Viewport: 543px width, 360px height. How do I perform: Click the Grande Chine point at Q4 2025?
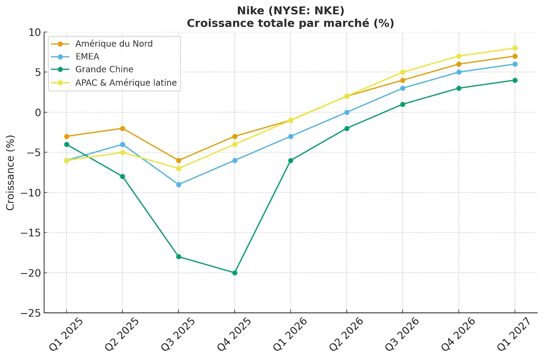[234, 273]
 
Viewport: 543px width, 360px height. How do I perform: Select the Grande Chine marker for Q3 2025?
[178, 257]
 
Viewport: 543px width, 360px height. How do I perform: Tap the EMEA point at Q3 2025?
[178, 185]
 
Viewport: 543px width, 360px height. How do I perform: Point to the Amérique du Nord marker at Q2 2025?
[122, 128]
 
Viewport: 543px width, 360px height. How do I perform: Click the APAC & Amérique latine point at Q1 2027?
[514, 48]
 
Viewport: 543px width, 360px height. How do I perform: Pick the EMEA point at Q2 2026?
[347, 112]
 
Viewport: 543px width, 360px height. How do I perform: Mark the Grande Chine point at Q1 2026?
[291, 161]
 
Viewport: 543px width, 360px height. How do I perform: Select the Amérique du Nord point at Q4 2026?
[458, 64]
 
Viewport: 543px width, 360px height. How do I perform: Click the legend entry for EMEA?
[87, 57]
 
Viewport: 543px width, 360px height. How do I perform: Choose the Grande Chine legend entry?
[104, 70]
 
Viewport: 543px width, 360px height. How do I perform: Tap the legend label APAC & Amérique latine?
[126, 83]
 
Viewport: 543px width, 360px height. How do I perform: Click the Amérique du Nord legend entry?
[114, 44]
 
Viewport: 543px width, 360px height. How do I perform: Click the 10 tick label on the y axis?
[35, 32]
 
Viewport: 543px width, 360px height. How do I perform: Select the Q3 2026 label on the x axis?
[401, 334]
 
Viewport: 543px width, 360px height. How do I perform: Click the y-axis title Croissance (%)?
[10, 172]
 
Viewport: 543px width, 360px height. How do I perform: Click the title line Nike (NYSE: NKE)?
[290, 10]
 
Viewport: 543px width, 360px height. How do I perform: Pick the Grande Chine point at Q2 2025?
[122, 176]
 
